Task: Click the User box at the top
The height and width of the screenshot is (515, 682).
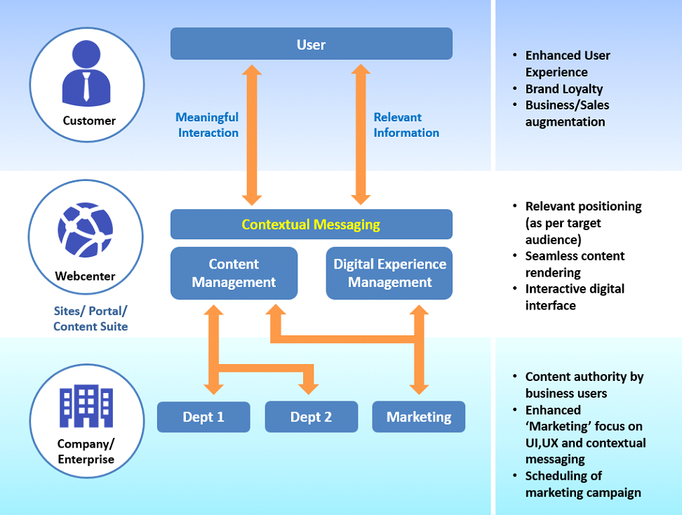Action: click(x=311, y=44)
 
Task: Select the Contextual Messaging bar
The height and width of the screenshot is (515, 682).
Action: click(x=311, y=225)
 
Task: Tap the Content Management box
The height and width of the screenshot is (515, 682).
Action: click(x=234, y=273)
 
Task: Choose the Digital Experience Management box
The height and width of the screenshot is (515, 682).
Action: click(x=389, y=273)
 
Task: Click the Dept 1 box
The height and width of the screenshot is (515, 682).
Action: click(x=203, y=417)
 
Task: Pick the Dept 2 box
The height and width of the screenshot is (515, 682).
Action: click(x=311, y=417)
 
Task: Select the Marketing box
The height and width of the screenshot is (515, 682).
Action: click(x=419, y=417)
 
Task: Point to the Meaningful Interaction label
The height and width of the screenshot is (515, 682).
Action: click(x=208, y=125)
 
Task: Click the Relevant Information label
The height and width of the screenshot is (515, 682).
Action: click(x=406, y=125)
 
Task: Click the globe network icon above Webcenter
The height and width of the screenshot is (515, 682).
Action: click(x=85, y=232)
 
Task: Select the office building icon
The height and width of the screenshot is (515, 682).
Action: click(x=86, y=408)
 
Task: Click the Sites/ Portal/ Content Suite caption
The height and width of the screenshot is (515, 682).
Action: click(x=91, y=319)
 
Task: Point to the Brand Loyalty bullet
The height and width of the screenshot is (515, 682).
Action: click(x=563, y=89)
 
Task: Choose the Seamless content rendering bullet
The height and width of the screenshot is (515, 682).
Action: click(x=575, y=264)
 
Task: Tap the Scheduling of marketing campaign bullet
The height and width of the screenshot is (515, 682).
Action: click(x=582, y=484)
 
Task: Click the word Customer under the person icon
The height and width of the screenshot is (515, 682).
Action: click(x=89, y=121)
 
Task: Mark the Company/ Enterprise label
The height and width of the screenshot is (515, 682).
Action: click(x=86, y=451)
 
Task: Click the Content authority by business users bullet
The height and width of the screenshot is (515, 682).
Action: click(x=584, y=385)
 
